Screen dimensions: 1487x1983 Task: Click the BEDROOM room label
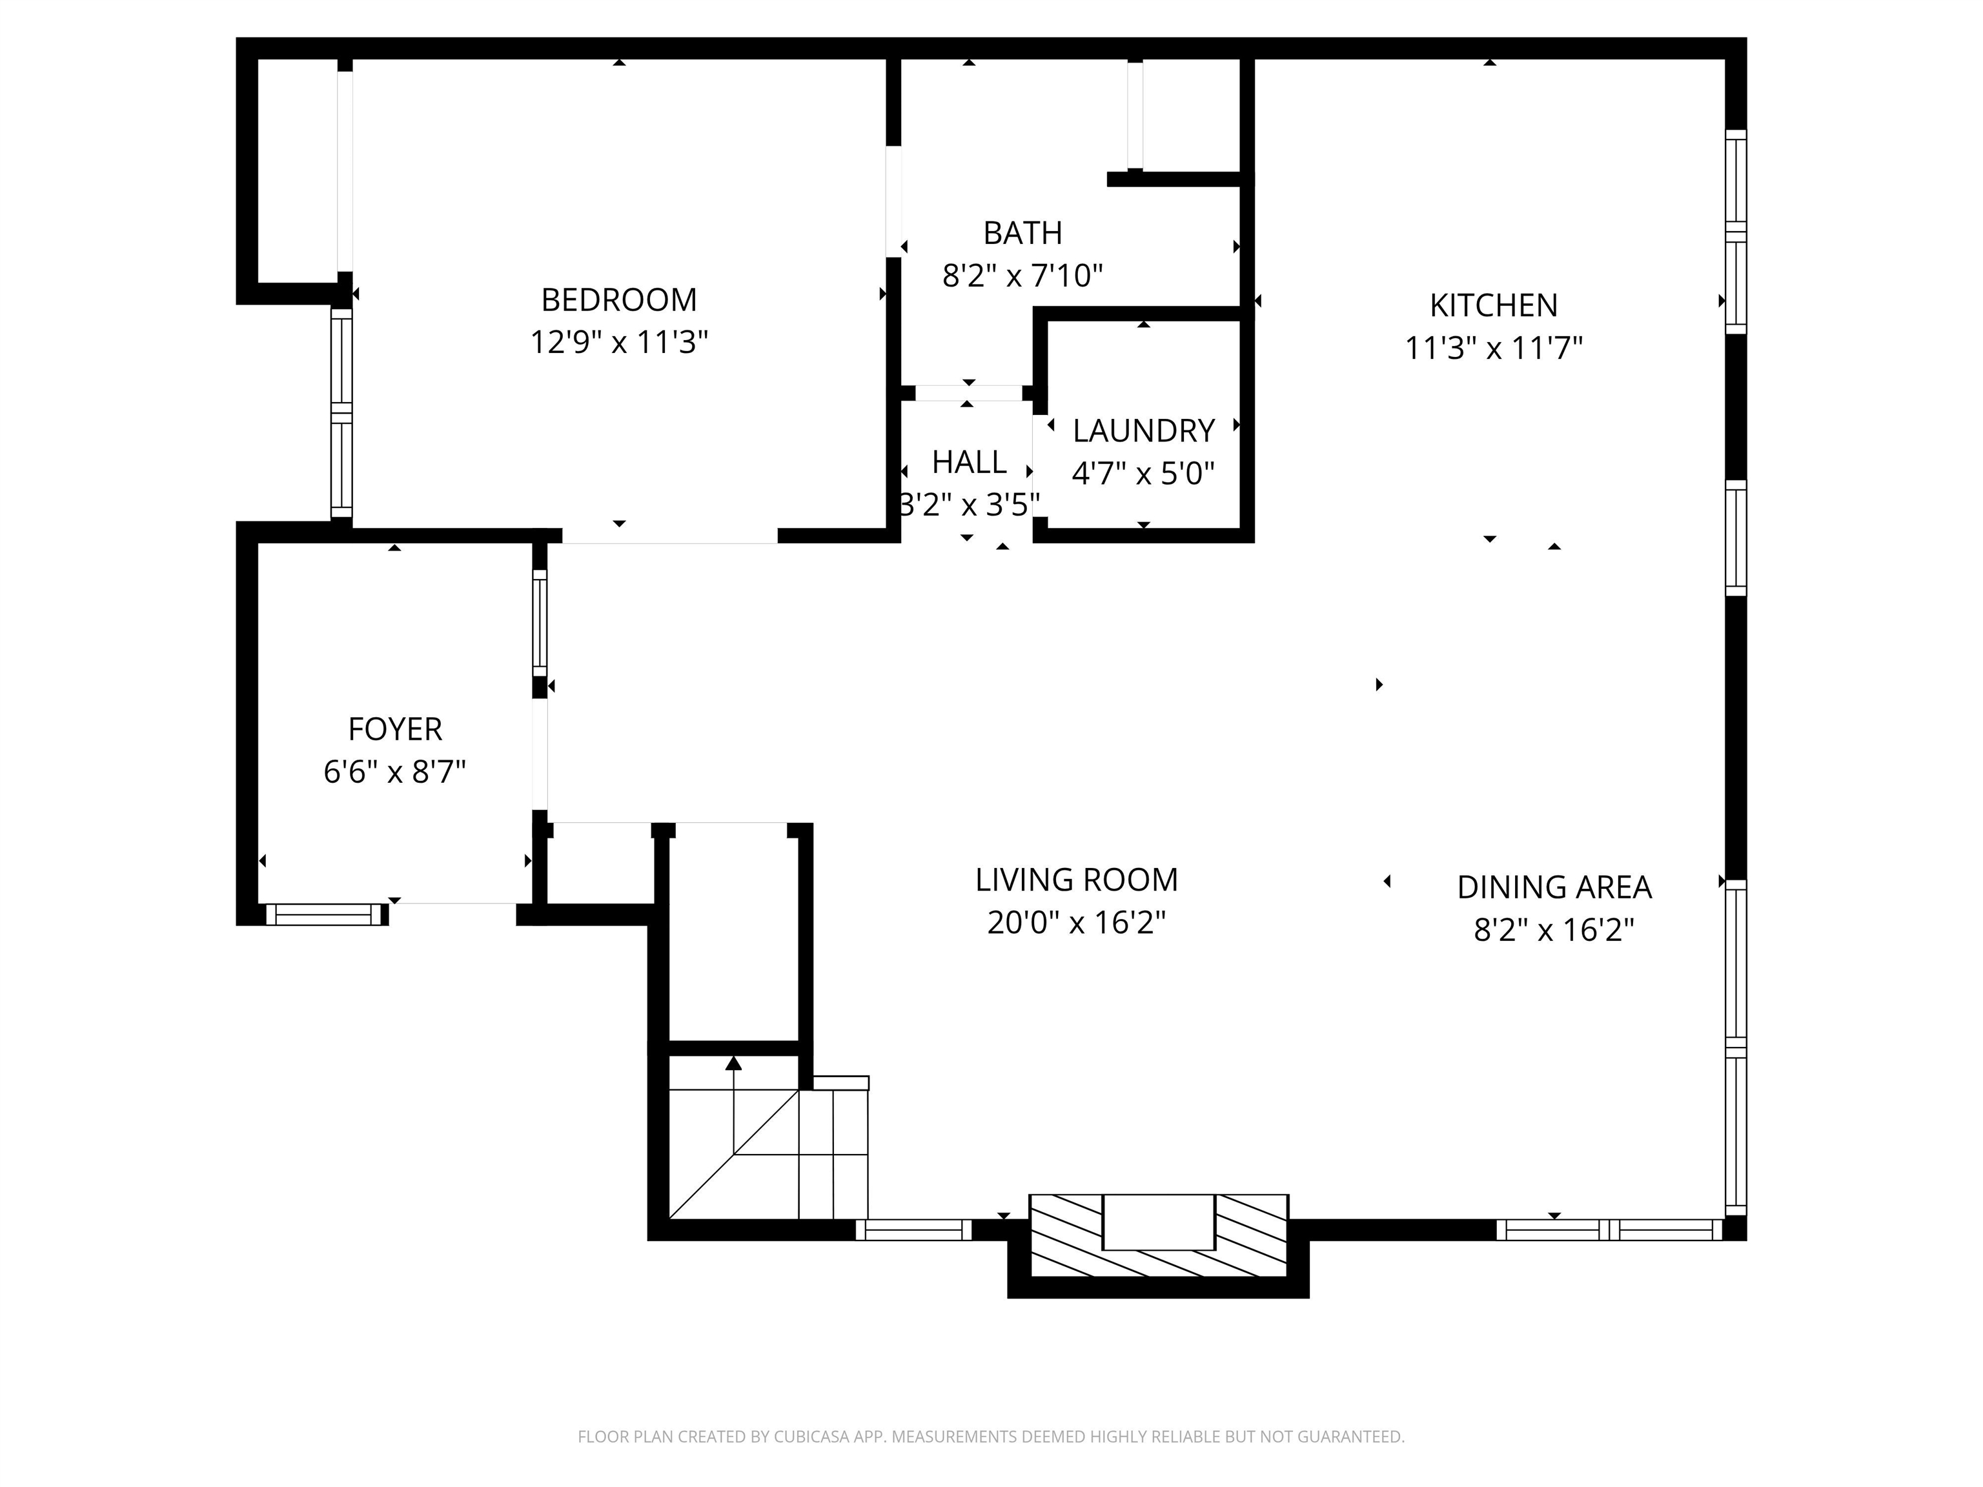618,299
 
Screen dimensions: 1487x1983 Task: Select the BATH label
1022,233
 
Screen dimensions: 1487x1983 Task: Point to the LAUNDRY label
1143,431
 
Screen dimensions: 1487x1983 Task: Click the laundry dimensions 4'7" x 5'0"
1143,473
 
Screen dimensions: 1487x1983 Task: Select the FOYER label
394,729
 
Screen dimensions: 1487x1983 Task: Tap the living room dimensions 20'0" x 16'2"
1076,922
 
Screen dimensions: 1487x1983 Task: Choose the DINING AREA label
1554,887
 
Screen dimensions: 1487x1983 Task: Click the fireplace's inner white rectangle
1157,1222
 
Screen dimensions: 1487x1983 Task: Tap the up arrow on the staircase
733,1064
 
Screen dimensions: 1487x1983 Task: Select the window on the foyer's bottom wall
325,915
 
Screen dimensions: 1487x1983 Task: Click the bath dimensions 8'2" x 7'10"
1022,275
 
